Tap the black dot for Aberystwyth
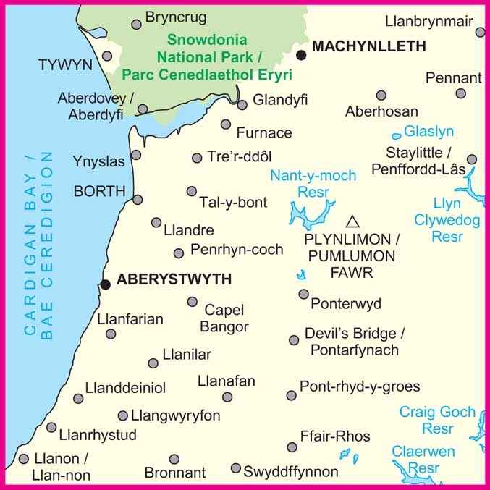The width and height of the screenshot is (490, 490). [106, 284]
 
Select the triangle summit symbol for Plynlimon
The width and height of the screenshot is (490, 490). [352, 221]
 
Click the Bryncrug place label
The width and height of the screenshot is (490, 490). [176, 17]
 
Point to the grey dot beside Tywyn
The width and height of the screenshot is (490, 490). [108, 56]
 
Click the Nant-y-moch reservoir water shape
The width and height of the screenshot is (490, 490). [307, 214]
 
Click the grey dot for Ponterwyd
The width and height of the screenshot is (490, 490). [304, 294]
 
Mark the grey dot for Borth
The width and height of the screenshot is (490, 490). [138, 200]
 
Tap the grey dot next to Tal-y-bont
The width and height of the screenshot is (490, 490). [191, 191]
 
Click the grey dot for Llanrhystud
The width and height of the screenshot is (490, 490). [51, 427]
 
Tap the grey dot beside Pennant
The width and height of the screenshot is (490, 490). [461, 93]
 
